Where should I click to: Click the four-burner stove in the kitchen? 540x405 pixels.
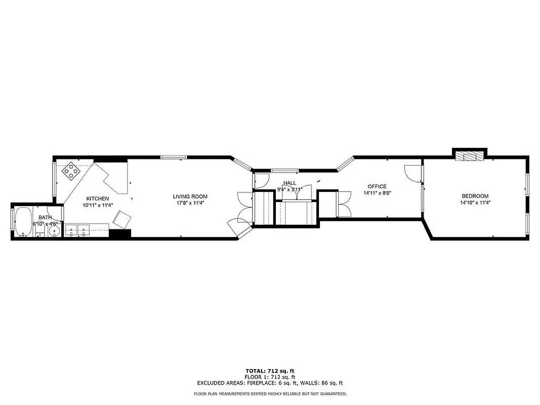tap(72, 172)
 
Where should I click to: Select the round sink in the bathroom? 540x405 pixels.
tap(55, 231)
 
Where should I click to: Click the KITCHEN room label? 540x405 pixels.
tap(98, 198)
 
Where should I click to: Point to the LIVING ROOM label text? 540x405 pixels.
tap(190, 196)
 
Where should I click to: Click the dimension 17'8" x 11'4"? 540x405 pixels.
tap(190, 203)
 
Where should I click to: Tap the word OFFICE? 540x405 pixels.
tap(377, 186)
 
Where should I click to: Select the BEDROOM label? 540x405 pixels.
tap(475, 196)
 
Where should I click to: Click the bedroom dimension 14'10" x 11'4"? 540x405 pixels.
tap(475, 202)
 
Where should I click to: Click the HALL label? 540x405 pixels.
tap(289, 183)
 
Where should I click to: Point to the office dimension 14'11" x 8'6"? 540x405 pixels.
tap(377, 193)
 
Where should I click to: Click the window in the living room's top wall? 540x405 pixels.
tap(173, 157)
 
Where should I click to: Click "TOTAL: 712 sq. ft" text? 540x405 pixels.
tap(270, 371)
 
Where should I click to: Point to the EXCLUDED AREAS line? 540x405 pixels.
tap(270, 383)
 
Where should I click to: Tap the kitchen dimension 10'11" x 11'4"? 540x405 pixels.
tap(98, 205)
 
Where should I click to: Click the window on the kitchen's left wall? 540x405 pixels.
tap(54, 177)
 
